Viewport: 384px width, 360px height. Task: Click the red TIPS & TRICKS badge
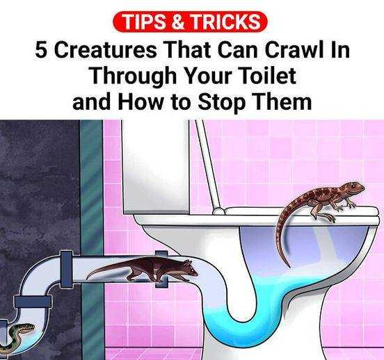tap(190, 22)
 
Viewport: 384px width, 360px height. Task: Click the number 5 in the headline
tap(40, 50)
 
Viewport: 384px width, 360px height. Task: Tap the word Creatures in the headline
tap(104, 50)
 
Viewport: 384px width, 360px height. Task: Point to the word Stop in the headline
tap(221, 102)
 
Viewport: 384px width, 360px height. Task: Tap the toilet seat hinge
tap(218, 211)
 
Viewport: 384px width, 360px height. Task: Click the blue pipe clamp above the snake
tap(33, 302)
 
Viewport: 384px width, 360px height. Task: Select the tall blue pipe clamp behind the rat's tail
tap(66, 268)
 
